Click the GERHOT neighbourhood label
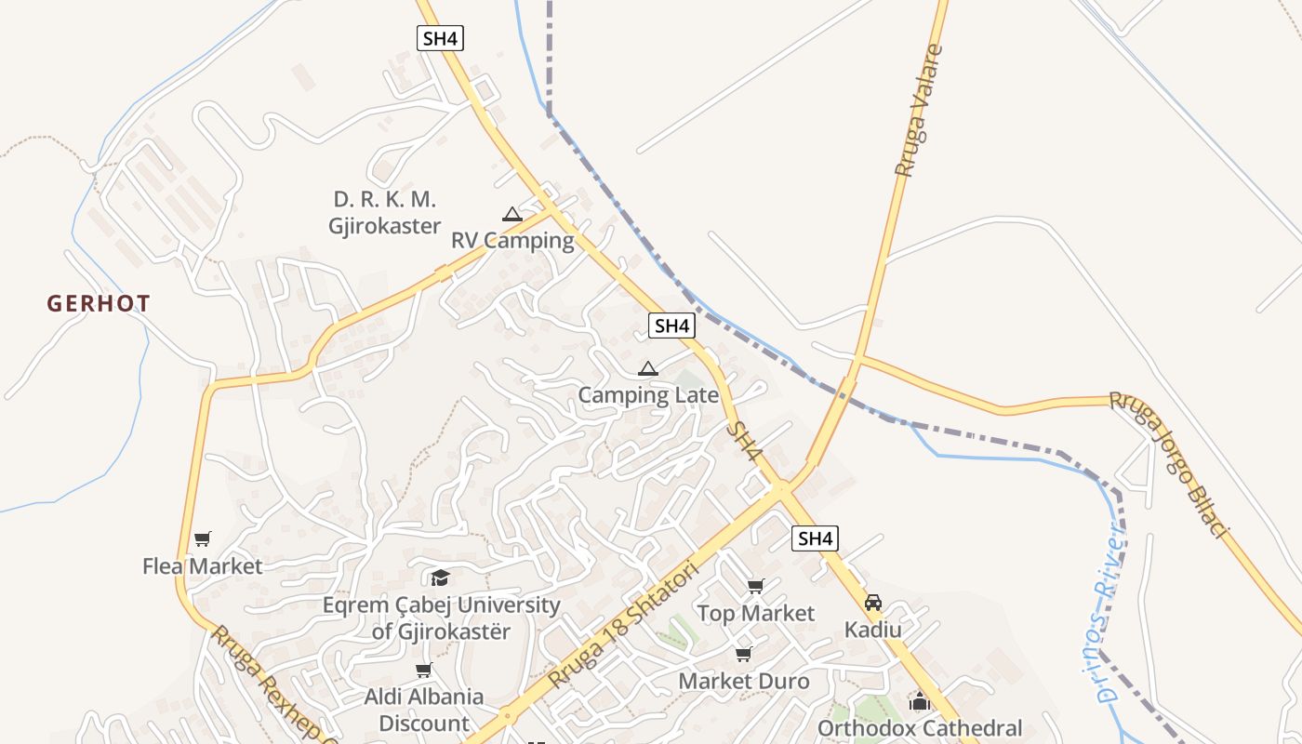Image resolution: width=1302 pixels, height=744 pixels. (99, 303)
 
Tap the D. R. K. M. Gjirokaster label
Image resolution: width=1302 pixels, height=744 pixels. (384, 213)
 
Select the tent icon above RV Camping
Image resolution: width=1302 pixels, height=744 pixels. (511, 215)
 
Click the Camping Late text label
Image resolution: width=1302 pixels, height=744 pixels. (648, 395)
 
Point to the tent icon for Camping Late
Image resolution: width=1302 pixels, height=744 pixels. (648, 369)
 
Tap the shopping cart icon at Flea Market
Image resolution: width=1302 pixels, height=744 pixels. (203, 539)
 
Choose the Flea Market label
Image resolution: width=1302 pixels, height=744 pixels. (202, 565)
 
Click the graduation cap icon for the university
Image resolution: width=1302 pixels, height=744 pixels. (440, 578)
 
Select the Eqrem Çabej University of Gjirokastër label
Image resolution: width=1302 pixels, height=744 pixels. (441, 618)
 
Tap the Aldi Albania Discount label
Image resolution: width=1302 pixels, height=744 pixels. (424, 710)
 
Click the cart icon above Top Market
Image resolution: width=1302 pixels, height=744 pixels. (755, 587)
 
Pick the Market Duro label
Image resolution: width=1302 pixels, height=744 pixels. (743, 681)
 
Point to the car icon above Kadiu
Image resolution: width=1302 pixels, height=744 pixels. (872, 603)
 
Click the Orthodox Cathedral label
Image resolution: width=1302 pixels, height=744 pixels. (920, 728)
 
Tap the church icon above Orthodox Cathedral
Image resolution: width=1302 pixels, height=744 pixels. (920, 702)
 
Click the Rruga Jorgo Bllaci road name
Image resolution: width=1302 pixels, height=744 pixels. (1169, 462)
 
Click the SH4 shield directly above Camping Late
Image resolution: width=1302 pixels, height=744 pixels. (671, 325)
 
